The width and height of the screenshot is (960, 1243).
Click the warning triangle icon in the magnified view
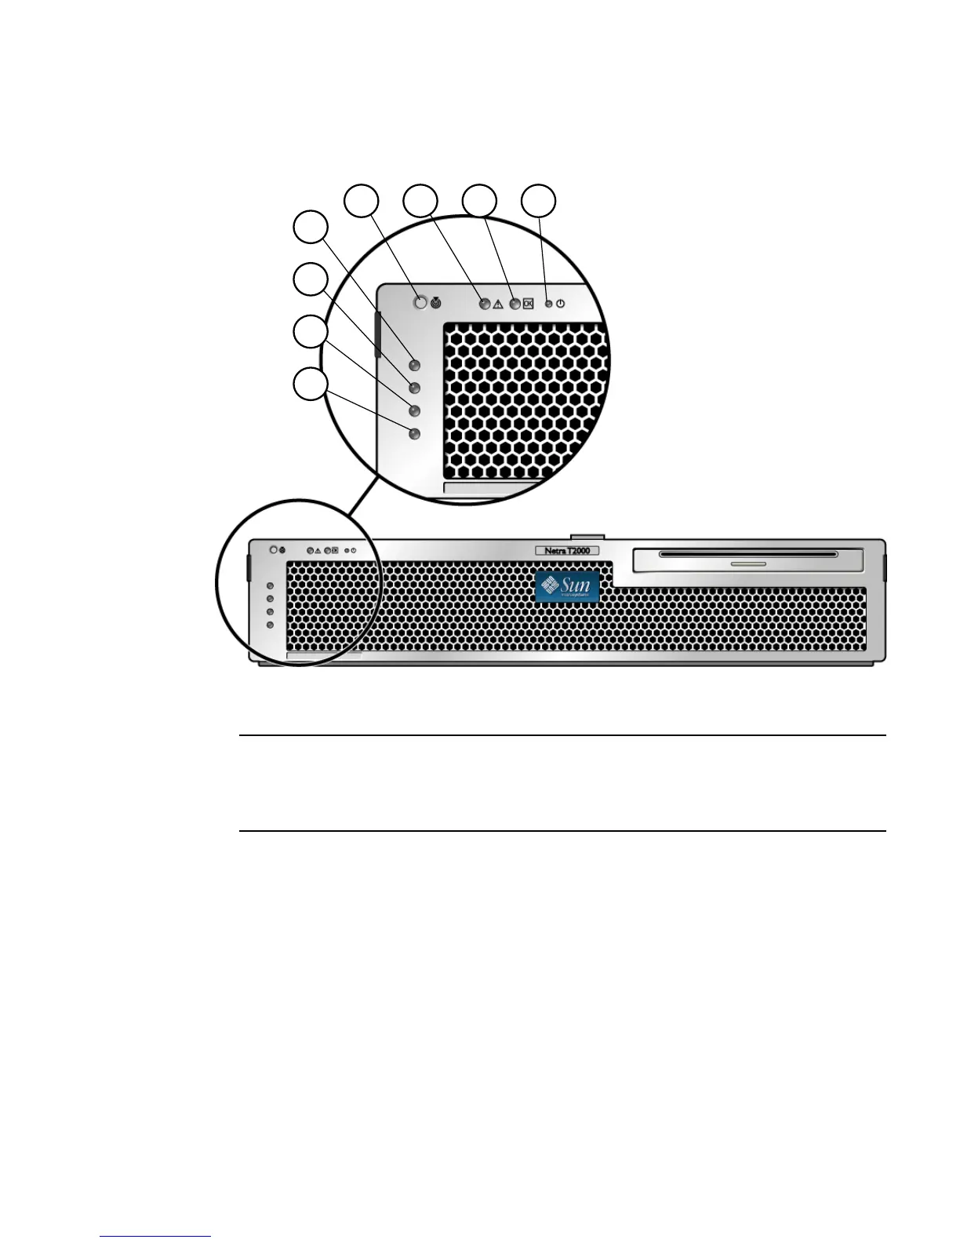click(x=498, y=304)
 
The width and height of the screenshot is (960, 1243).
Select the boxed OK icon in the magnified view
click(x=528, y=304)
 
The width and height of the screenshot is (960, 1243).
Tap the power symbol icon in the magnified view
click(x=560, y=304)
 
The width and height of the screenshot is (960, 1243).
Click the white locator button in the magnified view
click(x=421, y=302)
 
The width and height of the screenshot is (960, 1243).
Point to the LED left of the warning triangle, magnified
click(x=485, y=304)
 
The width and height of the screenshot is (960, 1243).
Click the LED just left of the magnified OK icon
click(x=515, y=304)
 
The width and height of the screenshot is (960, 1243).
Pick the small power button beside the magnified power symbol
click(x=549, y=304)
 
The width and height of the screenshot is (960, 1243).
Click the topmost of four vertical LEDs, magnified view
click(x=416, y=365)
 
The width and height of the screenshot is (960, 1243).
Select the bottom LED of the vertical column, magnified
click(x=416, y=433)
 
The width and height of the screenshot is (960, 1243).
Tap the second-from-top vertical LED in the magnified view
click(x=416, y=388)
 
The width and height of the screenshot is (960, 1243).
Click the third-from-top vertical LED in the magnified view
click(x=416, y=410)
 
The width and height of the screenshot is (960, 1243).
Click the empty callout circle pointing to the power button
click(x=540, y=201)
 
